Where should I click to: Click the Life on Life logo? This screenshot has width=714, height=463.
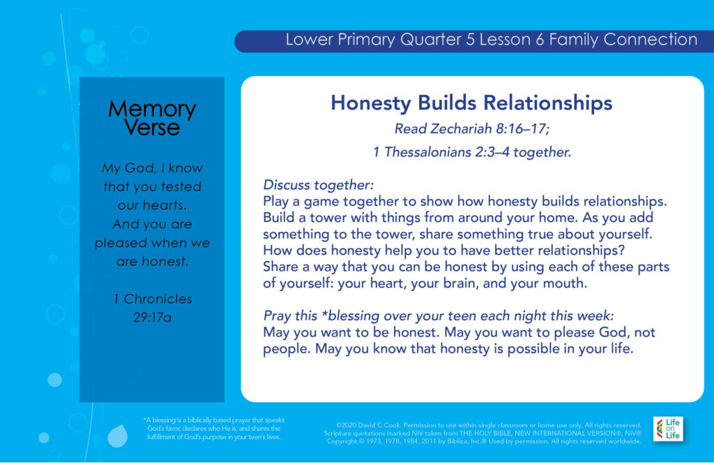pos(668,429)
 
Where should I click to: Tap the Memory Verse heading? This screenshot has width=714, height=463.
pos(152,118)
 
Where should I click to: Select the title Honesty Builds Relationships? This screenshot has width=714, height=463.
pos(471,103)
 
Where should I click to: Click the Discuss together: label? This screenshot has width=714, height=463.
pos(318,185)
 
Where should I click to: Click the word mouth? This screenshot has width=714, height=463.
pos(565,284)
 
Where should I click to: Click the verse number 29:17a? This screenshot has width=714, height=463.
pos(152,318)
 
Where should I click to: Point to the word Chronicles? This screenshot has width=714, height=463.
pos(158,299)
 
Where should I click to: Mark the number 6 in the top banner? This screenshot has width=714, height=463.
pos(540,40)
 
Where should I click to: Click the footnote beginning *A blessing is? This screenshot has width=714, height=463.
pos(213,428)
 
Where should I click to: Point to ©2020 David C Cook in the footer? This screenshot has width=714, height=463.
pos(368,425)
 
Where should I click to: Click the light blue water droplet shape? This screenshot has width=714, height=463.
pos(117,436)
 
